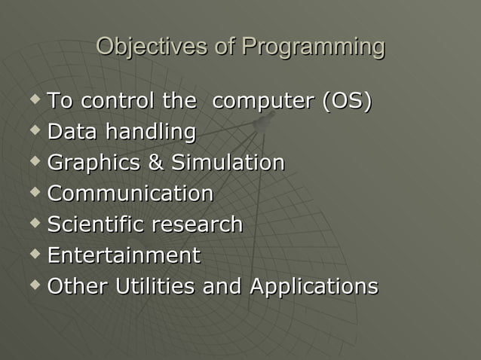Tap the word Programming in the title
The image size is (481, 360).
pos(313,47)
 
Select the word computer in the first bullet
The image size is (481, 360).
pos(263,101)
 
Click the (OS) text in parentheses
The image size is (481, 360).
pos(347,101)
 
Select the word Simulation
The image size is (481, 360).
pos(228,163)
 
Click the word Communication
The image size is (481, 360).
pos(130,194)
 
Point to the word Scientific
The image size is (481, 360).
pos(96,224)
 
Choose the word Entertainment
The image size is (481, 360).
pos(124,255)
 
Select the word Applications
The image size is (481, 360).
pos(314,287)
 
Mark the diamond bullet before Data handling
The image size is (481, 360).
pos(33,130)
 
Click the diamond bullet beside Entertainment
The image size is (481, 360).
pos(33,254)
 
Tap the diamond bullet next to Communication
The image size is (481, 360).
pos(33,192)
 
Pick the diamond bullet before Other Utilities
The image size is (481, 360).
pos(33,285)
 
